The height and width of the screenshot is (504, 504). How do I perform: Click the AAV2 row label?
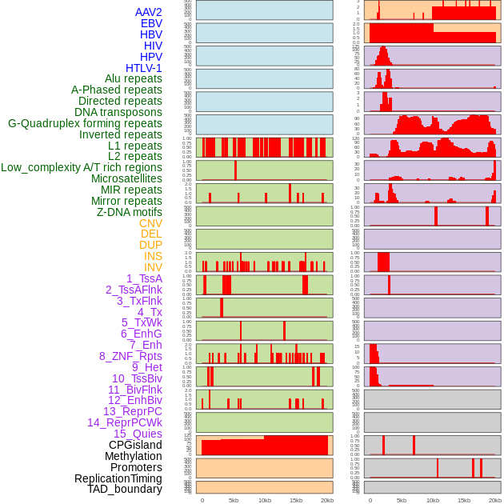pos(149,12)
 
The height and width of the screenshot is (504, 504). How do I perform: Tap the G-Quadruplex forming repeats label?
pos(85,124)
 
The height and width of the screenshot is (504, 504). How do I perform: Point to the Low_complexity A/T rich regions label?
pos(82,167)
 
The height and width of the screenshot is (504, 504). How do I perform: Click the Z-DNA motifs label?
pos(130,212)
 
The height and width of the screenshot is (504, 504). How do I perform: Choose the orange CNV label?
pos(150,223)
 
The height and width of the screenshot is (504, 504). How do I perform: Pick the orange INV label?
pos(153,267)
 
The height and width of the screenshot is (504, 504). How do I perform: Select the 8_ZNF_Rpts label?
pos(130,356)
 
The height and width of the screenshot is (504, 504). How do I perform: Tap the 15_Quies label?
pos(137,434)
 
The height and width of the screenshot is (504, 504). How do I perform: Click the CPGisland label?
pos(135,445)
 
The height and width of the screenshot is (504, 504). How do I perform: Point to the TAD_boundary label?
pos(125,489)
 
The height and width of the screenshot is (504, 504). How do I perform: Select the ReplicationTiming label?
pos(118,478)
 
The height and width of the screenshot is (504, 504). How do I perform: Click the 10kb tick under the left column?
pos(264,500)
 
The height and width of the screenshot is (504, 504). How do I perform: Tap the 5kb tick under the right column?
pos(401,500)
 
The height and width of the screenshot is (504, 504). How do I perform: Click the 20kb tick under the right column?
pos(495,500)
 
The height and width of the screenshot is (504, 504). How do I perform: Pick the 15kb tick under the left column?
pos(296,500)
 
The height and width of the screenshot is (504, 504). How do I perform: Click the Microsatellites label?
pos(126,178)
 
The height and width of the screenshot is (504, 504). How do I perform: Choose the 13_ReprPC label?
pos(132,411)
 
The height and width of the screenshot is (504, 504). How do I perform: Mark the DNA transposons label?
pos(118,112)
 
